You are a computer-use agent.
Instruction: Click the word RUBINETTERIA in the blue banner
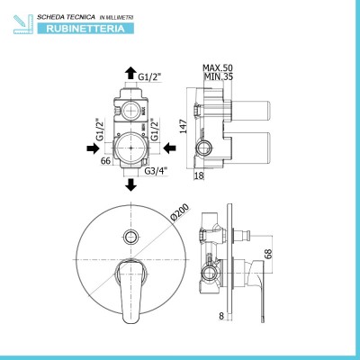click(x=85, y=29)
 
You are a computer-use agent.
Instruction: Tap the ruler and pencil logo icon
click(x=23, y=24)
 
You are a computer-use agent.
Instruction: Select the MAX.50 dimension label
click(x=218, y=67)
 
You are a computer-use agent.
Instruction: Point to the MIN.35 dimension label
click(x=219, y=76)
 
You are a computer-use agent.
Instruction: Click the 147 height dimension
click(x=184, y=126)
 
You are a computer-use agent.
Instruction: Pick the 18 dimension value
click(x=199, y=175)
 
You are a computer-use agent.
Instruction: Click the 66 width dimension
click(x=105, y=161)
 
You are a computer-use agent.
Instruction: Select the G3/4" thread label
click(x=156, y=171)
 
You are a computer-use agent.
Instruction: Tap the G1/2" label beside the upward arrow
click(x=149, y=77)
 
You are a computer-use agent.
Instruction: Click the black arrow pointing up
click(x=130, y=73)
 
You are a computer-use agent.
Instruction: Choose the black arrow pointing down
click(x=130, y=184)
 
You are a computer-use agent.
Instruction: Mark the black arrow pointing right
click(x=93, y=148)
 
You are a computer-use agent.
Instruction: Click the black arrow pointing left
click(x=169, y=148)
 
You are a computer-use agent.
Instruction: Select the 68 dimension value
click(x=269, y=254)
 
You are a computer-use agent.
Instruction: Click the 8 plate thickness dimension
click(x=221, y=316)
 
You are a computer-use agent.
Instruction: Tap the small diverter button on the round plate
click(x=130, y=236)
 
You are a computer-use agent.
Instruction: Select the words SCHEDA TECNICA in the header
click(x=66, y=17)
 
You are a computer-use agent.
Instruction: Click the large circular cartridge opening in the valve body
click(x=131, y=148)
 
